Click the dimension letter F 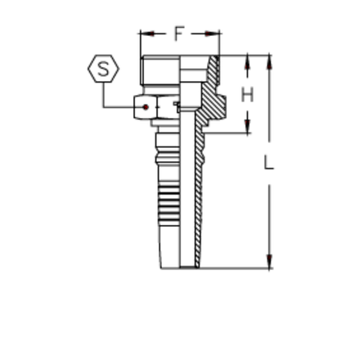[x=179, y=34]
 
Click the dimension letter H [x=245, y=95]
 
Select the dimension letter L [x=270, y=164]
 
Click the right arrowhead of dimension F [x=214, y=34]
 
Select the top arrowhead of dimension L [x=270, y=61]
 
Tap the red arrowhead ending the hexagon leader [x=146, y=106]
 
